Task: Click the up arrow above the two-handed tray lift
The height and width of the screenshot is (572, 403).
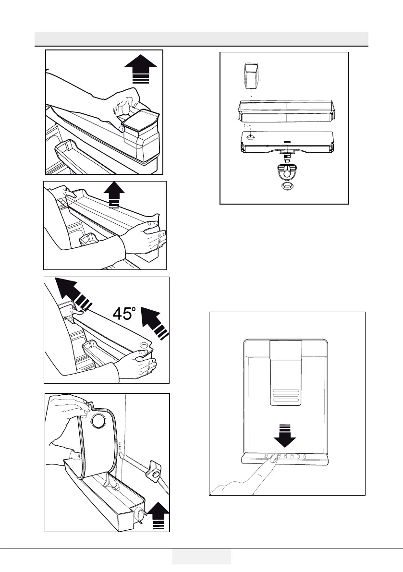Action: (113, 195)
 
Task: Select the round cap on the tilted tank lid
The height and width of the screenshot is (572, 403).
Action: (98, 421)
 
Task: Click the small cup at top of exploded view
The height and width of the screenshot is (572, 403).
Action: (250, 76)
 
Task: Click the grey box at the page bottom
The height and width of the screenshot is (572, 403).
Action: (201, 557)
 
